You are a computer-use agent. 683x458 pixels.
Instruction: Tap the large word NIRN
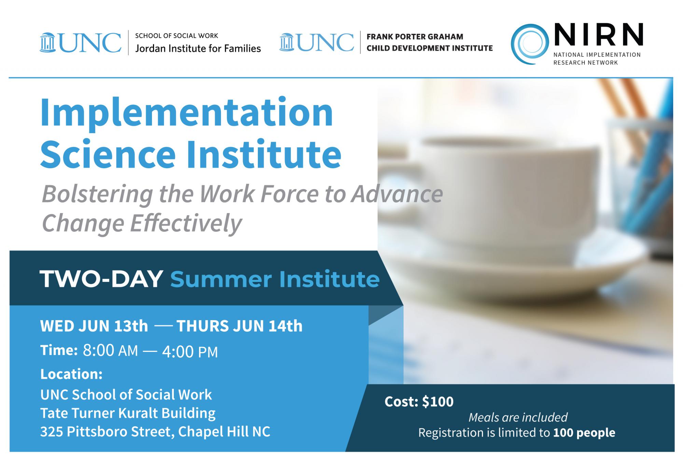[x=598, y=35]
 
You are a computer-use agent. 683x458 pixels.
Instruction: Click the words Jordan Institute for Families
[x=198, y=48]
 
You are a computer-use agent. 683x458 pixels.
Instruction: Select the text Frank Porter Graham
[x=415, y=37]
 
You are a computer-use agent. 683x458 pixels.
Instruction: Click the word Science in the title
[x=108, y=154]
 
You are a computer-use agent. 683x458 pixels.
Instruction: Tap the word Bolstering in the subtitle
[x=97, y=194]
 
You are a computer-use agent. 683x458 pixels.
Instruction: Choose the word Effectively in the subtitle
[x=186, y=223]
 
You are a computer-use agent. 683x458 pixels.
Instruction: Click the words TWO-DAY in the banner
[x=101, y=279]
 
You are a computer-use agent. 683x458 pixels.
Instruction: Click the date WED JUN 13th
[x=94, y=326]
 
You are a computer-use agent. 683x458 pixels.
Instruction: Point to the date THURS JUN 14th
[x=239, y=326]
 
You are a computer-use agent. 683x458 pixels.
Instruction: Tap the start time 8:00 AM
[x=110, y=351]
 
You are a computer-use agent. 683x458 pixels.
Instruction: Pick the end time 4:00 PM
[x=190, y=352]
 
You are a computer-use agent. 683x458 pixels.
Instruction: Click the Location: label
[x=71, y=374]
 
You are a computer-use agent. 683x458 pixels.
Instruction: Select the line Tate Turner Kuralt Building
[x=128, y=413]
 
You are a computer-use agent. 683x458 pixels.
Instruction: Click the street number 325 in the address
[x=52, y=432]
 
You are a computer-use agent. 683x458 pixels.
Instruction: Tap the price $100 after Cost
[x=438, y=402]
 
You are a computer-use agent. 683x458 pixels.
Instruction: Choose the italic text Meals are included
[x=518, y=417]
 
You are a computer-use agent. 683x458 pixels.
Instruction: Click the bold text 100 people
[x=584, y=433]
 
